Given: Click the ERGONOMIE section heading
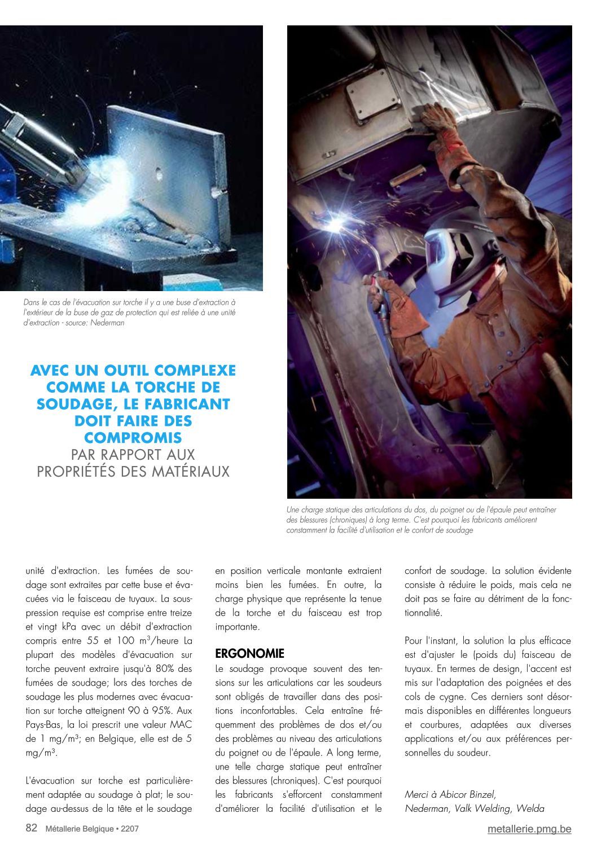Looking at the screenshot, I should (249, 654).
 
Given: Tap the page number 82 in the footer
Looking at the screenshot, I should (32, 828).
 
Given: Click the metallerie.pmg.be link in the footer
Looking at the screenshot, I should (529, 829).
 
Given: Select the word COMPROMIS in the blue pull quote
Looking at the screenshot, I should (133, 438).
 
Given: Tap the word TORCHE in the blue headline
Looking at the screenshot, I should (175, 388).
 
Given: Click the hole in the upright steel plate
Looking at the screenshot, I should (159, 173).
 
